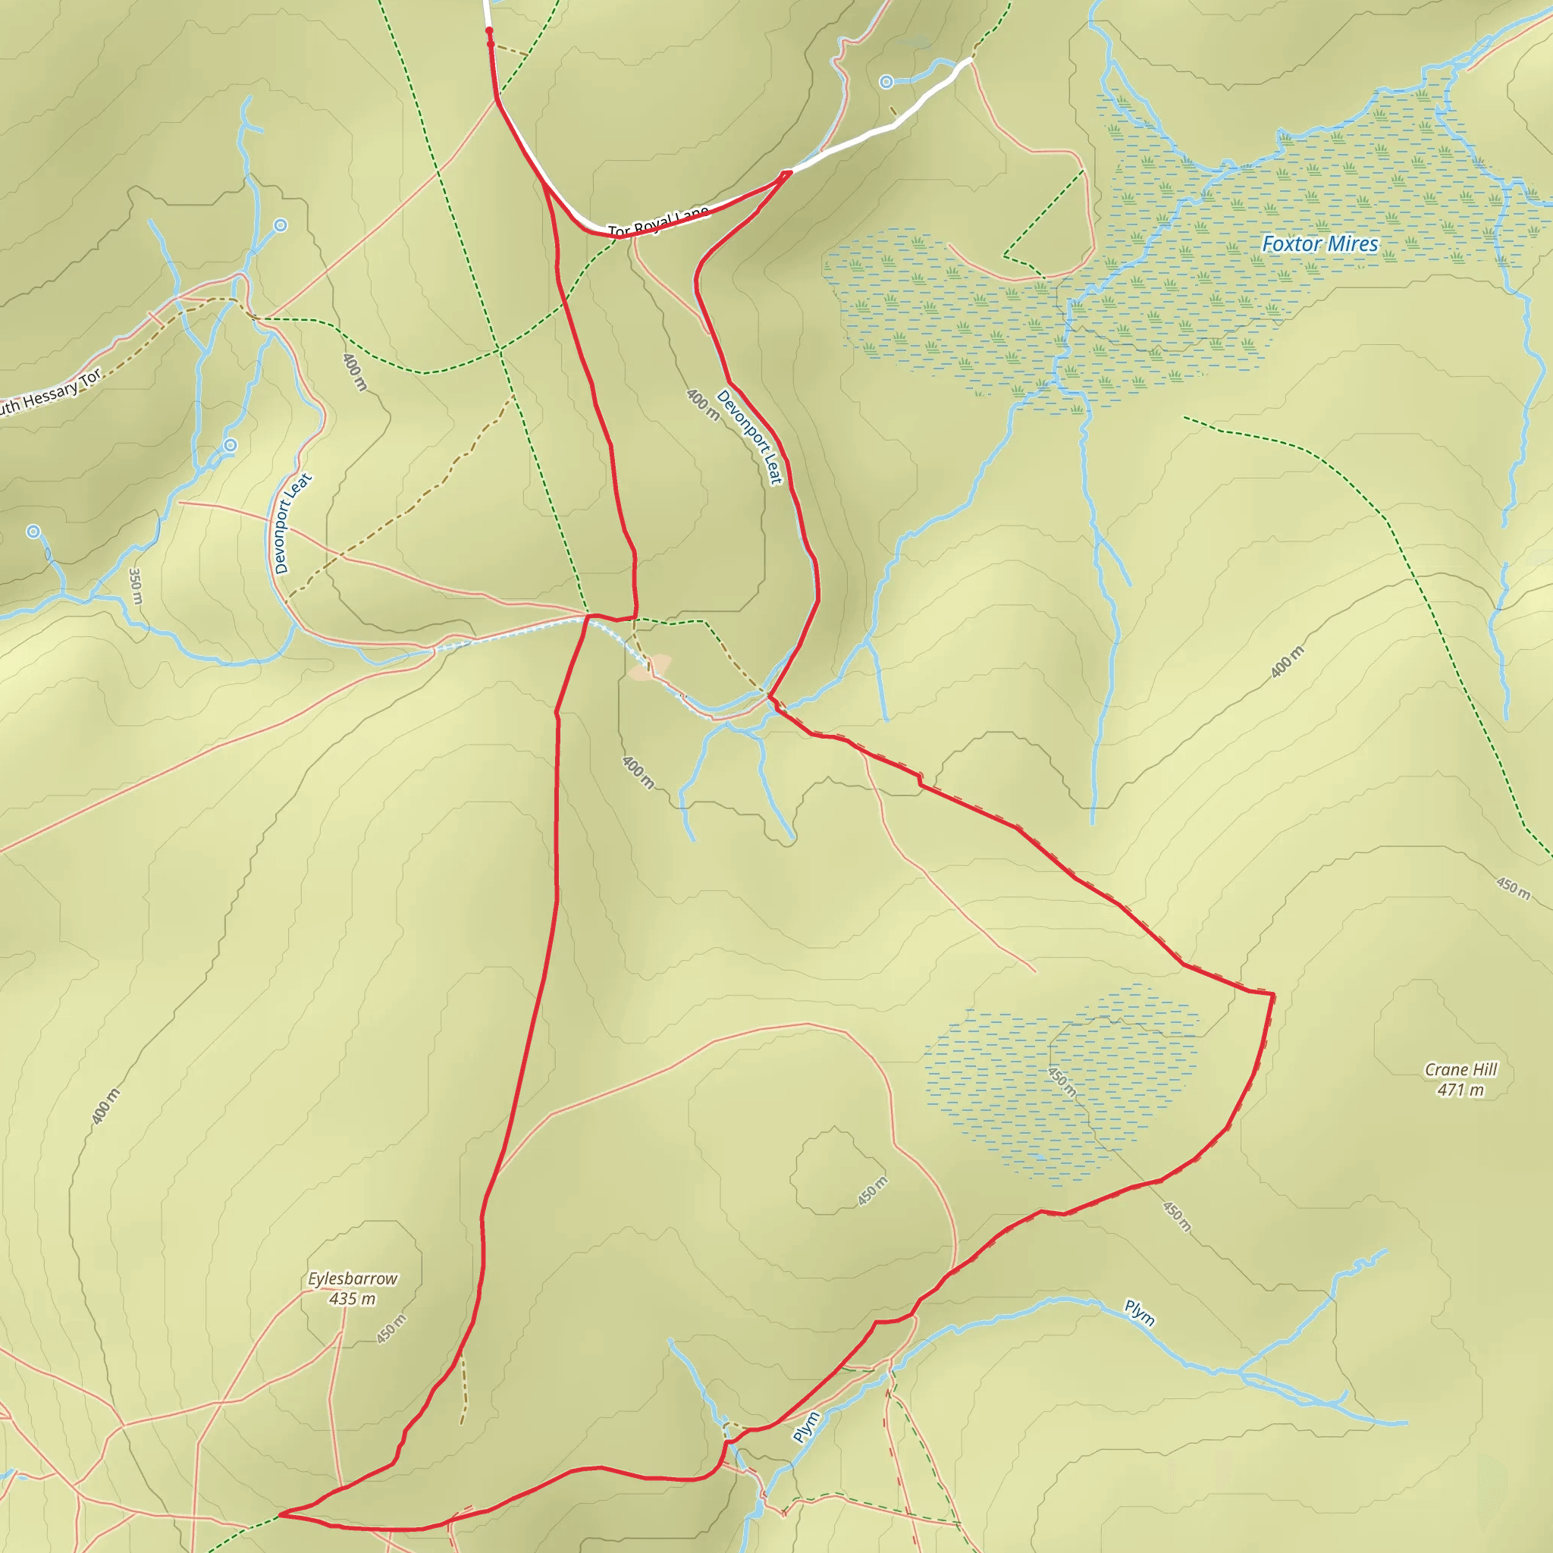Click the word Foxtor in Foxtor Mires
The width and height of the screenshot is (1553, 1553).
click(1291, 243)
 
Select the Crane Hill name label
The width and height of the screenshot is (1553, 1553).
click(1460, 1069)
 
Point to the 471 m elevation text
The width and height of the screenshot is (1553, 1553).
click(1460, 1090)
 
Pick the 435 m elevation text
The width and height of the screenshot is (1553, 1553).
click(352, 1298)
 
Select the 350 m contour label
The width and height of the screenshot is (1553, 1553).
click(136, 586)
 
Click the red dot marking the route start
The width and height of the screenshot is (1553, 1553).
click(490, 31)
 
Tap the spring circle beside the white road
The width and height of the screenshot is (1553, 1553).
click(886, 81)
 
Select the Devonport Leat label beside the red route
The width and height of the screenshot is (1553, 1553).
click(749, 438)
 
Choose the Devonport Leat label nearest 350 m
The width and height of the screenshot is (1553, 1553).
click(293, 523)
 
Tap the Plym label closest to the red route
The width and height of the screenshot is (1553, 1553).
click(806, 1427)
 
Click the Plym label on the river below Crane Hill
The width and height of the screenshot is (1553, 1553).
click(1139, 1313)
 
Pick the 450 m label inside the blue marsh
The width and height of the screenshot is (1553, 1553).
click(1062, 1081)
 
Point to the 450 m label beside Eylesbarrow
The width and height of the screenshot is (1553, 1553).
click(391, 1329)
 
